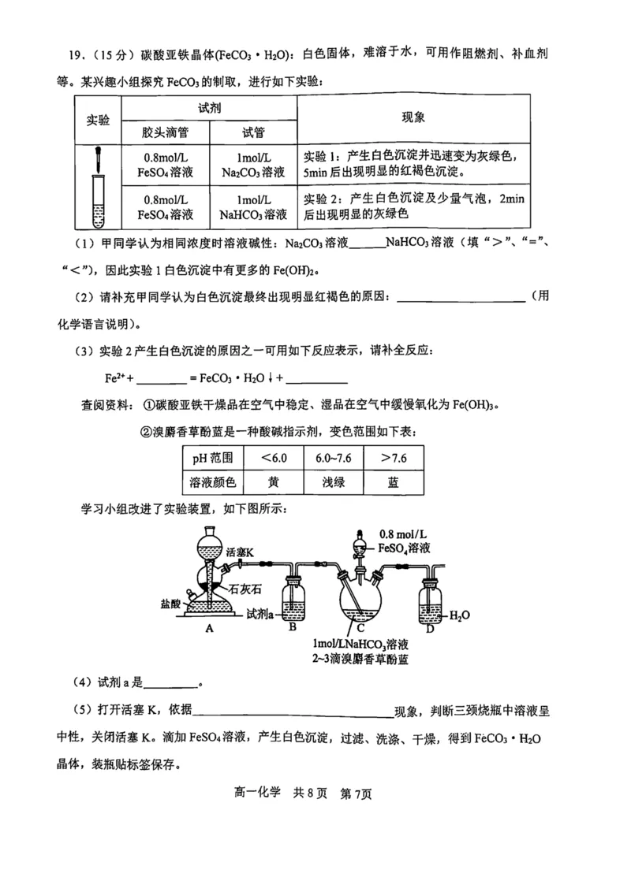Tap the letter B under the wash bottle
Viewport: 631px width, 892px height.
[293, 628]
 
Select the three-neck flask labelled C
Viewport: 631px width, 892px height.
[360, 603]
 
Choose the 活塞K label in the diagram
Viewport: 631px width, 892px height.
[239, 552]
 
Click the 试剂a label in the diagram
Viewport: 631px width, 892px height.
[258, 612]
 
